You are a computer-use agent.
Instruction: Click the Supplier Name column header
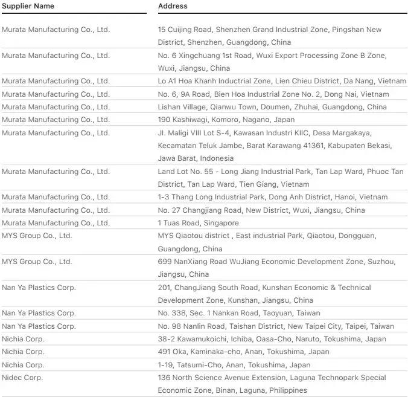point(28,6)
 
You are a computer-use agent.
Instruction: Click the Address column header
point(173,6)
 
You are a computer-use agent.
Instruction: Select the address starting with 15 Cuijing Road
point(269,36)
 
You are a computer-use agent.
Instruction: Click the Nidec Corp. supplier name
point(22,378)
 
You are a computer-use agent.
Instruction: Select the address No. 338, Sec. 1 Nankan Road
point(239,313)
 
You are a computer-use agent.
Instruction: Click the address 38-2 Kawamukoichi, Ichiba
point(272,339)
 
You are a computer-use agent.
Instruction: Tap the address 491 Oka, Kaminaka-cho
point(243,352)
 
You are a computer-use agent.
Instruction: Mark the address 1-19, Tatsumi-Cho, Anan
point(234,365)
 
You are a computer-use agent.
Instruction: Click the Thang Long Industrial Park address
point(272,197)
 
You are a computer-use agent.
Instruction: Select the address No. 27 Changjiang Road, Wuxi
point(261,210)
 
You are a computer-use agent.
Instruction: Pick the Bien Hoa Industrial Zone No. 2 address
point(273,94)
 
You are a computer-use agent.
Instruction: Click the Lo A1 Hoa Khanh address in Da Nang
point(282,81)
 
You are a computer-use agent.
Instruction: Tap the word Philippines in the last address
point(287,390)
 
